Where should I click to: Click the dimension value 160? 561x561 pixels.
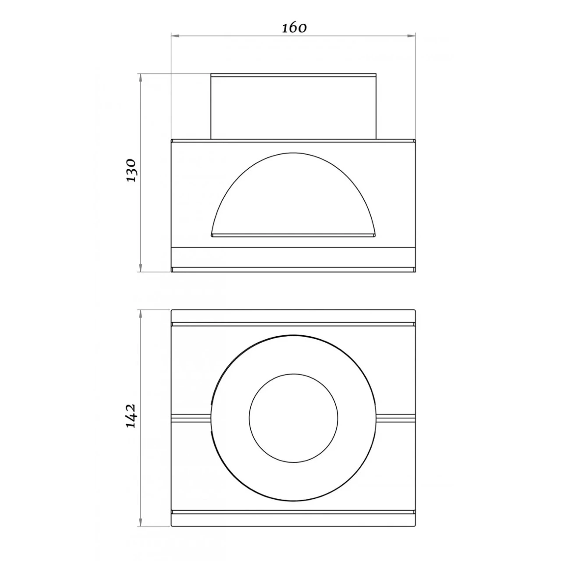(x=294, y=28)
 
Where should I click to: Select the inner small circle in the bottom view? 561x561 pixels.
(x=293, y=418)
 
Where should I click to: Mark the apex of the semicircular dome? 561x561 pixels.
(x=293, y=153)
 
